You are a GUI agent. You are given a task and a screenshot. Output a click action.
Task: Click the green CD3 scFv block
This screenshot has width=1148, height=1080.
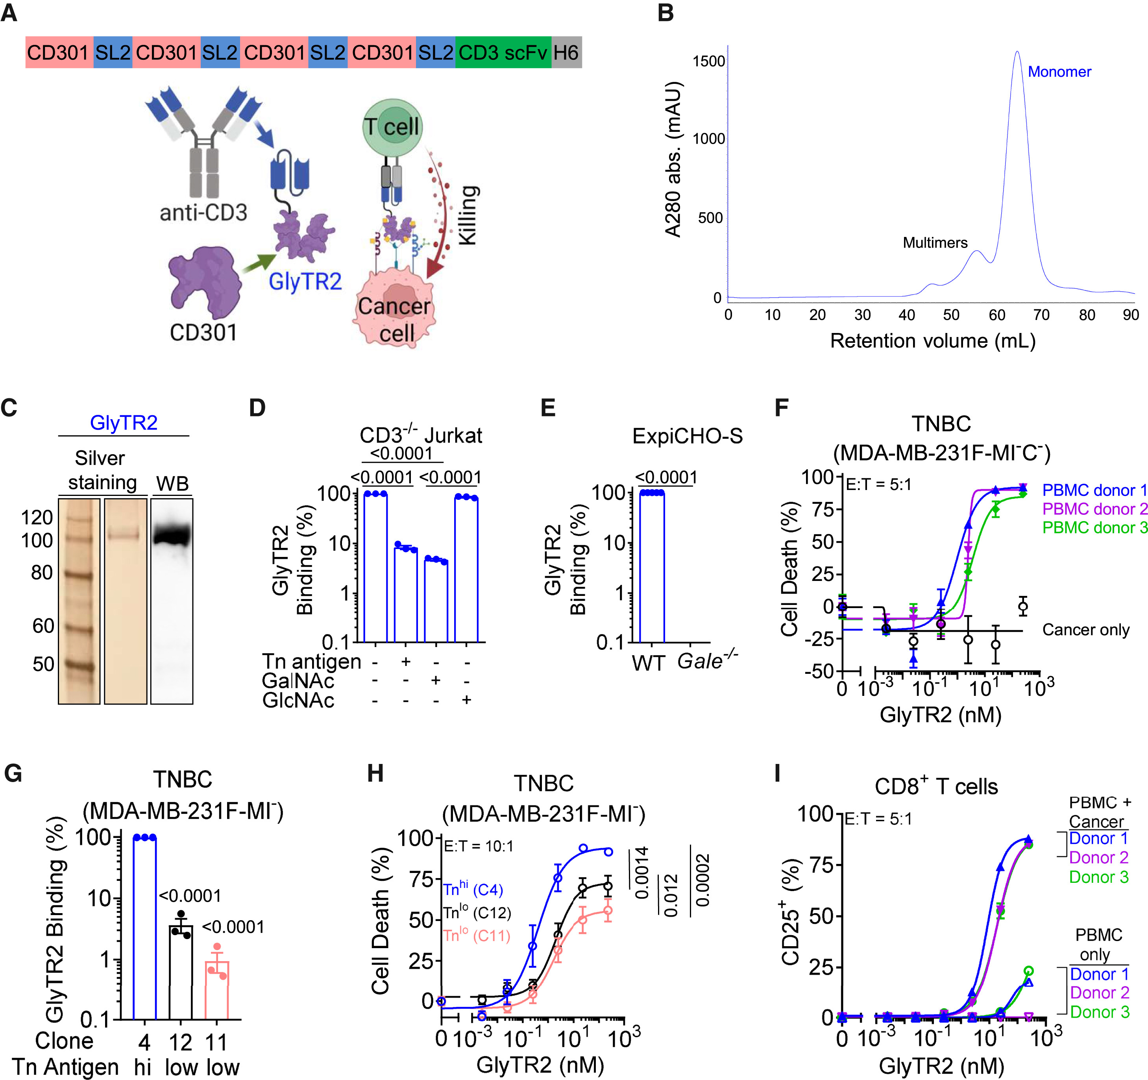click(503, 53)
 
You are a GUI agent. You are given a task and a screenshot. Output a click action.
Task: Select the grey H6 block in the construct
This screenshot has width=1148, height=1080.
click(566, 53)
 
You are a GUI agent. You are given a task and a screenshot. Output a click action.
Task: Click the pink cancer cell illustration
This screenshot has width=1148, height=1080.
click(394, 315)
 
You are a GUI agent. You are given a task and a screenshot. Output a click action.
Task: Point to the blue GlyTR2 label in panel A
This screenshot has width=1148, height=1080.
click(305, 281)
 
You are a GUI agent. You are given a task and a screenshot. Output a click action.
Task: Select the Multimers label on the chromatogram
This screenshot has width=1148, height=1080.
click(935, 242)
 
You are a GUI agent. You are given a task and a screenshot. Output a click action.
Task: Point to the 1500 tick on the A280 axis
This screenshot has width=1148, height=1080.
click(708, 61)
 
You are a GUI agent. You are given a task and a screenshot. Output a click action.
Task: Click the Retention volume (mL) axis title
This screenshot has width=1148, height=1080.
click(933, 341)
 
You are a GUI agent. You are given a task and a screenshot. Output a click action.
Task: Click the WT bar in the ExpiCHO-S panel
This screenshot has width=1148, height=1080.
click(652, 566)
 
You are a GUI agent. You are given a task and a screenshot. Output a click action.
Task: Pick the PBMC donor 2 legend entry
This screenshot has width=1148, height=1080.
click(1094, 509)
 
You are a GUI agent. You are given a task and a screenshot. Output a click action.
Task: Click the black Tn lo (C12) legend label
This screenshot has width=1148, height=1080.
click(477, 912)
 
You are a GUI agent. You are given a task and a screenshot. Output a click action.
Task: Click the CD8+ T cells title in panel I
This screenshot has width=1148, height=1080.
click(935, 787)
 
